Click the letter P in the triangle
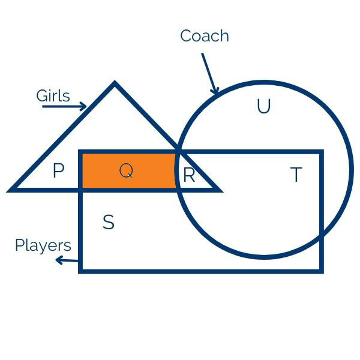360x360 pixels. click(x=58, y=172)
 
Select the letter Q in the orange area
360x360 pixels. click(x=126, y=171)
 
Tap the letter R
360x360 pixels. click(x=189, y=176)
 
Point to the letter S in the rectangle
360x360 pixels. click(x=108, y=223)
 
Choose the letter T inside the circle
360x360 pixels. click(x=296, y=175)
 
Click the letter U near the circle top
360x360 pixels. click(x=263, y=107)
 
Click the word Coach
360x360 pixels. click(x=205, y=36)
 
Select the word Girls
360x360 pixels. click(x=53, y=96)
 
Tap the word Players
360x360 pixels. click(x=43, y=245)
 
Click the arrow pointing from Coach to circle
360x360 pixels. click(x=210, y=73)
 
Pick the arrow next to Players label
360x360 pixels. click(x=67, y=260)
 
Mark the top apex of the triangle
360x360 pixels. click(x=115, y=84)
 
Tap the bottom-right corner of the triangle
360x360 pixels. click(x=219, y=190)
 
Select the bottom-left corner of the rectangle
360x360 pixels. click(x=81, y=271)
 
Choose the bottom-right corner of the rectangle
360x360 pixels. click(x=322, y=271)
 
